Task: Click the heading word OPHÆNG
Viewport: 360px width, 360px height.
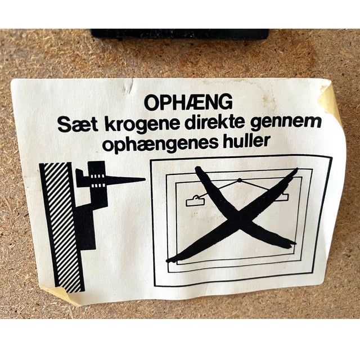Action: (188, 102)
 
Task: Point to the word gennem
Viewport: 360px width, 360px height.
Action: (286, 124)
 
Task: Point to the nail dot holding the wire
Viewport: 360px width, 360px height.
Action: (239, 181)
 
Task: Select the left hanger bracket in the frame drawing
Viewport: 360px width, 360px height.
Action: (196, 201)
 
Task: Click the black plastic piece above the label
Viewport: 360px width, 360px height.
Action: (179, 34)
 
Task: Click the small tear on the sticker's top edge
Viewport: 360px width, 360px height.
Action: (131, 85)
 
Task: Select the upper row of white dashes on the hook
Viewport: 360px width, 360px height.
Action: (98, 177)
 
